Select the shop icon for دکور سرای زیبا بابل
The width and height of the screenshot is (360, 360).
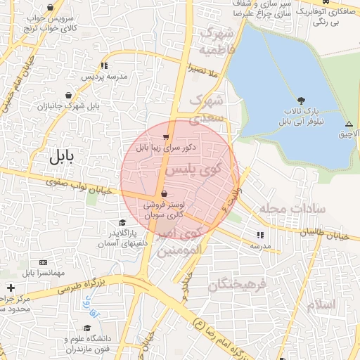point(165,136)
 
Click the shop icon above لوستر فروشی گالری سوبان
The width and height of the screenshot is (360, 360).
point(164,193)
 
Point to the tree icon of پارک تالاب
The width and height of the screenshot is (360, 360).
point(301,101)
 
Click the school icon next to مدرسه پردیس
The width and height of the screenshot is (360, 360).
point(104,65)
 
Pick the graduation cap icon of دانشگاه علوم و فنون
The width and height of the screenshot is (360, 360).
point(88,328)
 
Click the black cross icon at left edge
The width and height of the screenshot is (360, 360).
point(11,288)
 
